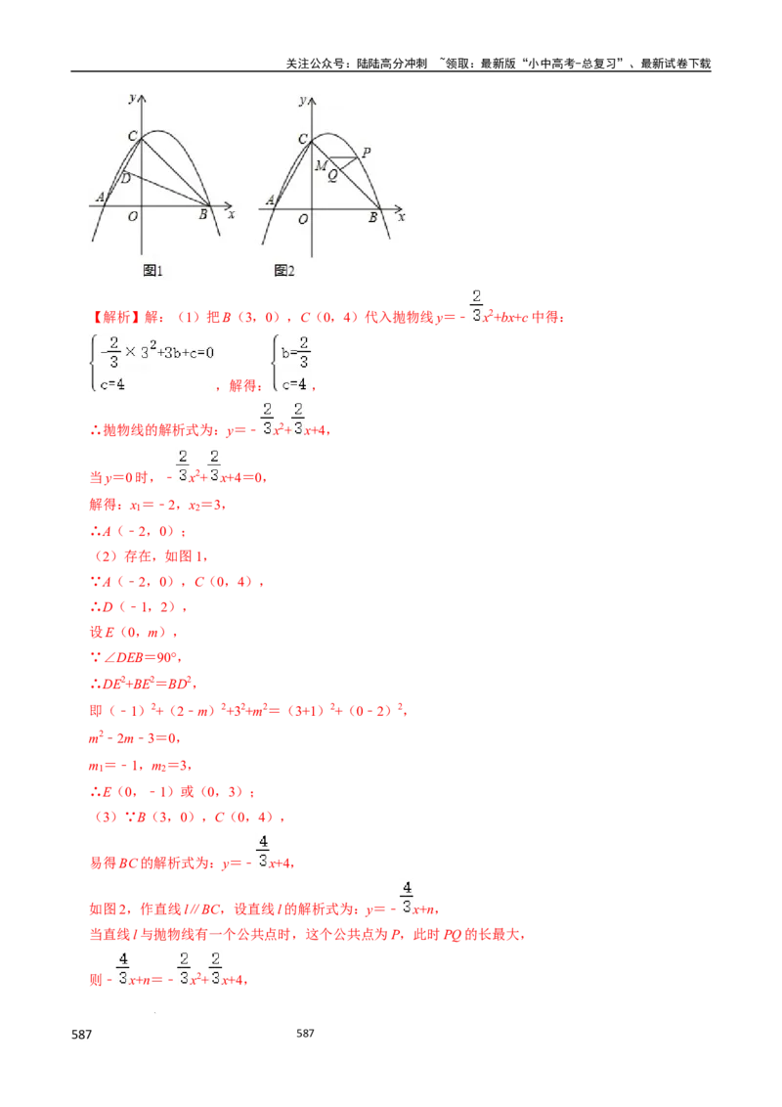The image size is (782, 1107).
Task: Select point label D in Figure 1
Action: [x=124, y=178]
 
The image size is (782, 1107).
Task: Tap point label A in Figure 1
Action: [x=100, y=199]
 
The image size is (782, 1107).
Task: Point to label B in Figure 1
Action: [x=203, y=215]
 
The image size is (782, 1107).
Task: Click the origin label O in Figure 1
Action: [x=133, y=216]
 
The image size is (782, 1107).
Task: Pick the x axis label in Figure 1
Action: [x=231, y=213]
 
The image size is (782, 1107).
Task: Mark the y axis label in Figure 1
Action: [x=131, y=98]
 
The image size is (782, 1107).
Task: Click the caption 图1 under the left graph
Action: [x=152, y=270]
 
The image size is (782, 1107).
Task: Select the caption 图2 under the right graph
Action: [x=284, y=270]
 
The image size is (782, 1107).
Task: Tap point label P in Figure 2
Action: [x=366, y=153]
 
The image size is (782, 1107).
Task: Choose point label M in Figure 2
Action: [x=320, y=166]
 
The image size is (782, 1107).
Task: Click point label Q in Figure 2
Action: [x=332, y=176]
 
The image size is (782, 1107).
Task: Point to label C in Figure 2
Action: [x=303, y=139]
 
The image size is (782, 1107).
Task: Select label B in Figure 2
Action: [x=372, y=218]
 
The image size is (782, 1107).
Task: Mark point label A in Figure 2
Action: [x=270, y=201]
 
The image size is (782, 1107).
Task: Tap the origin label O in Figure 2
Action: [x=304, y=219]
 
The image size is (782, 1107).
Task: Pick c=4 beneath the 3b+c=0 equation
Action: [x=112, y=384]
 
